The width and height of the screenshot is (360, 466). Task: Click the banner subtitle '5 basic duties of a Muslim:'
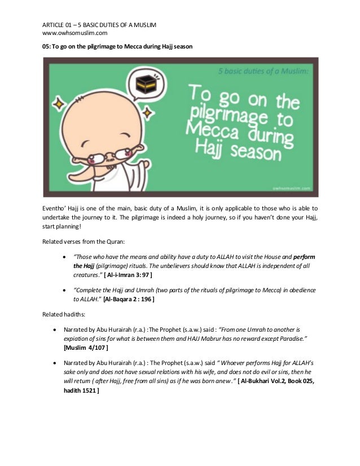click(x=260, y=73)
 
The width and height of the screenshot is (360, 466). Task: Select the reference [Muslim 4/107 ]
click(x=86, y=348)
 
